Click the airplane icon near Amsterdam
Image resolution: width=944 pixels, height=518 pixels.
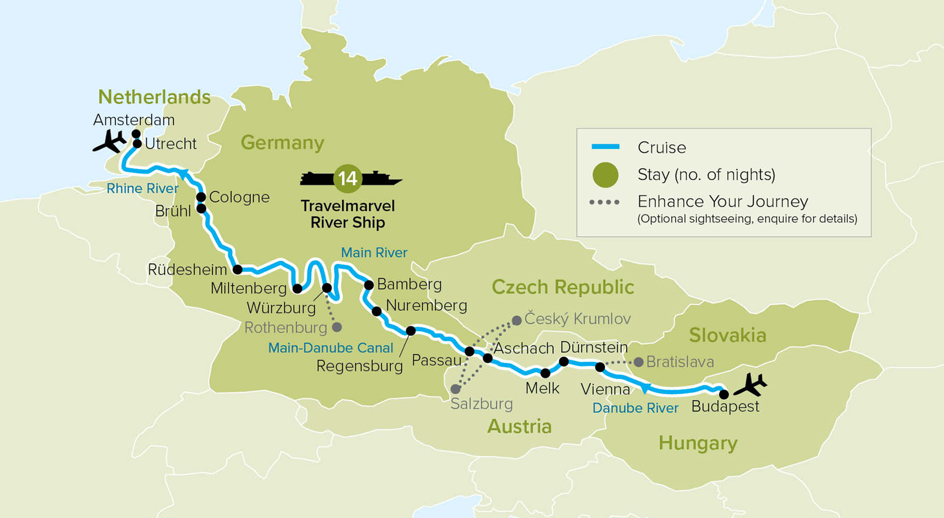pos(110,142)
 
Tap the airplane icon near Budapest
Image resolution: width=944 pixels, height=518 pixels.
pos(750,384)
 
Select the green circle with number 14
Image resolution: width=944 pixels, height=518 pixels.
pos(347,178)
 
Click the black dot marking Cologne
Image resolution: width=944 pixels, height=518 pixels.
pos(201,197)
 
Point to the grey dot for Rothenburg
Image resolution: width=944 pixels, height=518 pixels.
pos(337,327)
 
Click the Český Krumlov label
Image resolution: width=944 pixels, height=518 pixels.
pos(577,318)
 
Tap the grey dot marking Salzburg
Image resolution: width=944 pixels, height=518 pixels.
pos(456,389)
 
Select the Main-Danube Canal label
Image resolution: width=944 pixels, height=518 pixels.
pos(330,348)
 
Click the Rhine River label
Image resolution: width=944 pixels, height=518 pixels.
pos(142,189)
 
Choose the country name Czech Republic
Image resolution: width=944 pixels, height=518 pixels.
pos(563,287)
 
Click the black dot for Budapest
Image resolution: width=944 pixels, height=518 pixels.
pos(724,394)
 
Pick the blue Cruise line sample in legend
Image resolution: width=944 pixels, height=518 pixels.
pos(605,147)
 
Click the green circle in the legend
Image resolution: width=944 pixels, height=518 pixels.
pos(605,175)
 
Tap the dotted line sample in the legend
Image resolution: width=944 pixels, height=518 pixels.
pos(604,202)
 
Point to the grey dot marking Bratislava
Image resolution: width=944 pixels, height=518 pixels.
pos(638,362)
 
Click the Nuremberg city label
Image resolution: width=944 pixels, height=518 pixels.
pos(426,305)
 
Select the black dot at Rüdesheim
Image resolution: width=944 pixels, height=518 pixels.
pos(238,270)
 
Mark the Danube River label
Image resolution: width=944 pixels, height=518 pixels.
pos(635,408)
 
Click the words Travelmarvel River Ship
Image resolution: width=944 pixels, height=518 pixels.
pos(347,214)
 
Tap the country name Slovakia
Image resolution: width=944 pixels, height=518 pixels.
pos(727,335)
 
